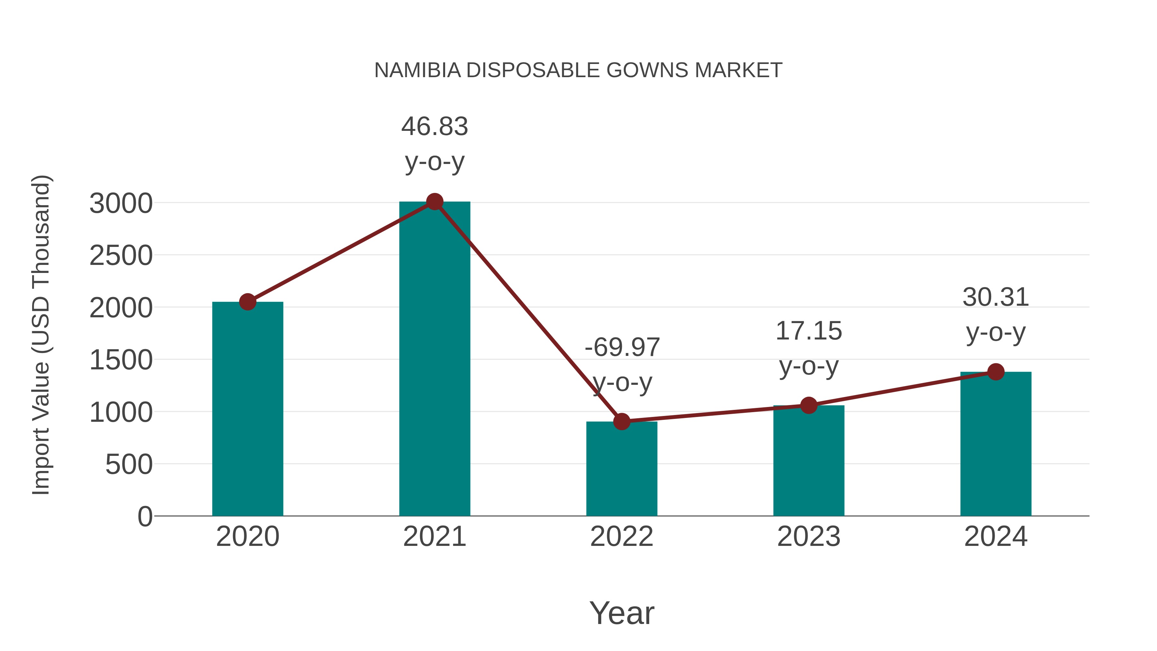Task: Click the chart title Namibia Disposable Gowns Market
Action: [578, 70]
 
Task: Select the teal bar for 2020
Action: [247, 409]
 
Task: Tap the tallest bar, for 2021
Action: [434, 359]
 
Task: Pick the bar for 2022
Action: [622, 469]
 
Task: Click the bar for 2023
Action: [809, 460]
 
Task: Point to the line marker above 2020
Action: [247, 302]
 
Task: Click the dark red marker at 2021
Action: [434, 202]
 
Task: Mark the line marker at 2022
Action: [622, 421]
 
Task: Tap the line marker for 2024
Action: [995, 372]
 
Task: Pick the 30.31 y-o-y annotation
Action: [995, 314]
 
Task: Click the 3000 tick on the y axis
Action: [121, 203]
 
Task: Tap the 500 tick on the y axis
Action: [129, 465]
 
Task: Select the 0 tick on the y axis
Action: [145, 516]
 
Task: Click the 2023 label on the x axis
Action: [809, 537]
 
